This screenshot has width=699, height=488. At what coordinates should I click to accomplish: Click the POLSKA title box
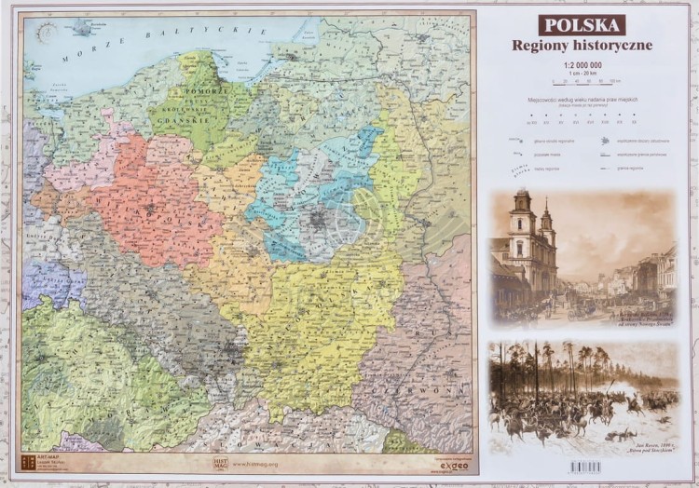tap(582, 25)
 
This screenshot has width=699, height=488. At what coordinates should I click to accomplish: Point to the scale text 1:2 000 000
tap(582, 64)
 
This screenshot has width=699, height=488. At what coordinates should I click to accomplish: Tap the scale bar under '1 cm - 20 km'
tap(582, 81)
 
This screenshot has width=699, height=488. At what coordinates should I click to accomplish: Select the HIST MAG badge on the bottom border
tap(218, 461)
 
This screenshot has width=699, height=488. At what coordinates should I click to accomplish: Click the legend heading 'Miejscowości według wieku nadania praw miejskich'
tap(582, 99)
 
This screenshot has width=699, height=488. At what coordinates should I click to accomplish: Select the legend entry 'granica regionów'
tap(645, 169)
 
